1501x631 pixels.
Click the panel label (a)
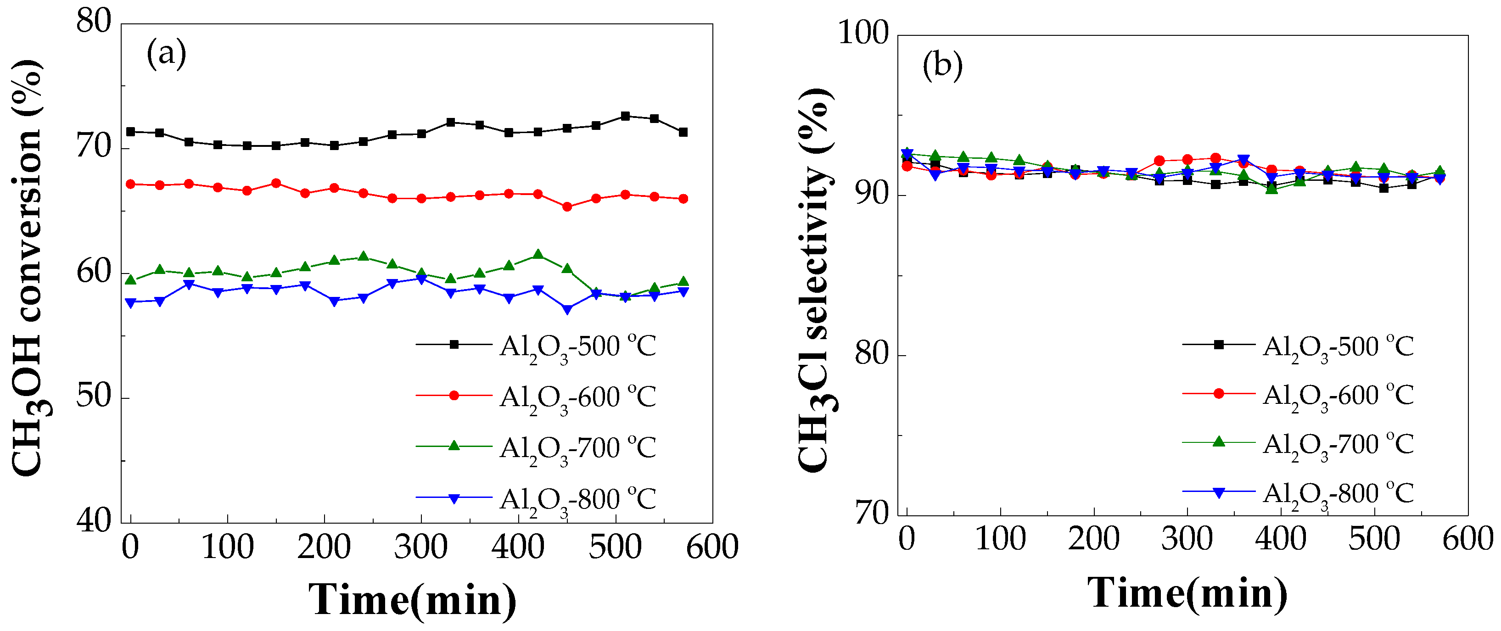(x=166, y=54)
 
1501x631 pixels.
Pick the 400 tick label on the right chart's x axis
(x=1280, y=538)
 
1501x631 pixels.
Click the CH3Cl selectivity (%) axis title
(x=815, y=279)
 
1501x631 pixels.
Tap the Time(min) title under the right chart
(x=1187, y=592)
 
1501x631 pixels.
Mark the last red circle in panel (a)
(x=683, y=199)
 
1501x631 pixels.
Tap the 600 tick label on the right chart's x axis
(x=1467, y=538)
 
